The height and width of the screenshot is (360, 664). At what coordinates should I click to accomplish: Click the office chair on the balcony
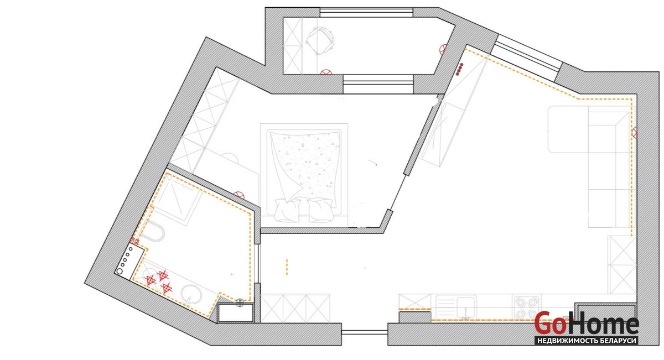coord(320,40)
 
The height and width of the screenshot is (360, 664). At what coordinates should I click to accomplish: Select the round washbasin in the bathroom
coord(191,295)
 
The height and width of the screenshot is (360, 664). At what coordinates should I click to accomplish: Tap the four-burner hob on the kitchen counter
coord(526,307)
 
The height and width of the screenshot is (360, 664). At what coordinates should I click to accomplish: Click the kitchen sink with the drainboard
coord(456,307)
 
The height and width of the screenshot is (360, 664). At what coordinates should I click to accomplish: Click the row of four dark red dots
coord(459,69)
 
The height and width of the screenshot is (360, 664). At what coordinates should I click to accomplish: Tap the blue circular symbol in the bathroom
coord(240,303)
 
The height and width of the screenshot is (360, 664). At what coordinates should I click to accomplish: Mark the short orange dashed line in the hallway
coord(287,267)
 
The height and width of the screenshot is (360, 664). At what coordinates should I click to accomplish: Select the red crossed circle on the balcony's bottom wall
coord(326,72)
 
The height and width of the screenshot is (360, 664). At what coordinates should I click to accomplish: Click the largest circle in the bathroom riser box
coord(120,271)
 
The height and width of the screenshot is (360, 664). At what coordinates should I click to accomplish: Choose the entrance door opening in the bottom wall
coord(365,332)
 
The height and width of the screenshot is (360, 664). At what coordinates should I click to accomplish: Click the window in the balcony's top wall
coord(366,13)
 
